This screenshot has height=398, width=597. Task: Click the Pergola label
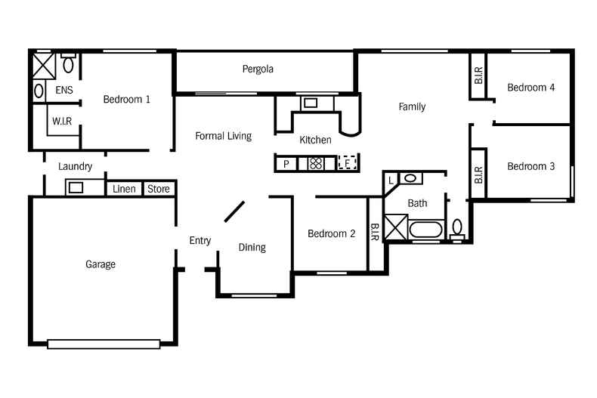(x=258, y=69)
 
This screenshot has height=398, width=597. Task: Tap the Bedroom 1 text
(x=126, y=99)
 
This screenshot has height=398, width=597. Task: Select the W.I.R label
(x=62, y=121)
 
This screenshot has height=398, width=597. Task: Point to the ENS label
(x=64, y=91)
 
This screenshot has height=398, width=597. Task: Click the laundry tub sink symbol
(x=76, y=187)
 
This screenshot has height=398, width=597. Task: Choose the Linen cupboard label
(x=124, y=189)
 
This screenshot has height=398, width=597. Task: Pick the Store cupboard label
(x=159, y=189)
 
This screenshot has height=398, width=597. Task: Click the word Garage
(x=101, y=264)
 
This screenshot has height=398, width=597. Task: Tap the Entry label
(x=200, y=241)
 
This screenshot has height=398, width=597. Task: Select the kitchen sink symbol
(x=311, y=103)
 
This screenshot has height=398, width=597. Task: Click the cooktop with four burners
(x=315, y=163)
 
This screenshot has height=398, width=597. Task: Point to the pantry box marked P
(x=286, y=163)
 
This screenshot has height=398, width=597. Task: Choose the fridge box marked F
(x=346, y=163)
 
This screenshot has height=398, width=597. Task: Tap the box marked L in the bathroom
(x=391, y=180)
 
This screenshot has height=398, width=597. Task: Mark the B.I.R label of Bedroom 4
(x=479, y=75)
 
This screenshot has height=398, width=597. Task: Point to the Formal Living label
(x=223, y=136)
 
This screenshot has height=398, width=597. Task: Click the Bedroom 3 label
(x=530, y=166)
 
